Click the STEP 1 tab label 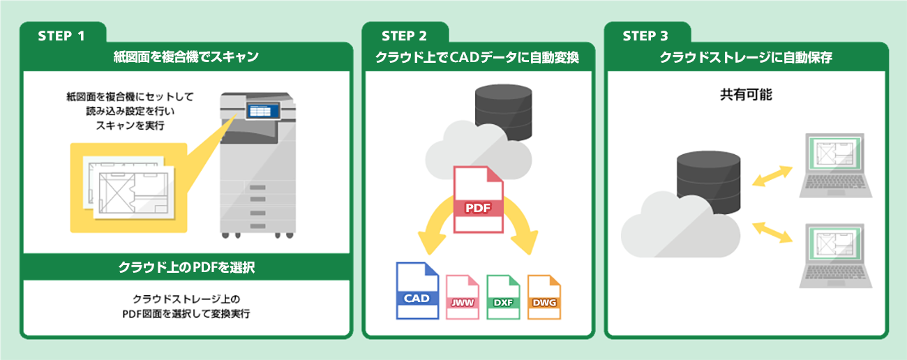[61, 36]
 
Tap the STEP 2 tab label [404, 36]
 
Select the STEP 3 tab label [646, 36]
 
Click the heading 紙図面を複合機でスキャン [186, 57]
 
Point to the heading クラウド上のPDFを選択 [186, 267]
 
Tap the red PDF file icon [478, 200]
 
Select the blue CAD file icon [417, 290]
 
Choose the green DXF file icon [503, 296]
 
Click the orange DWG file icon [544, 296]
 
